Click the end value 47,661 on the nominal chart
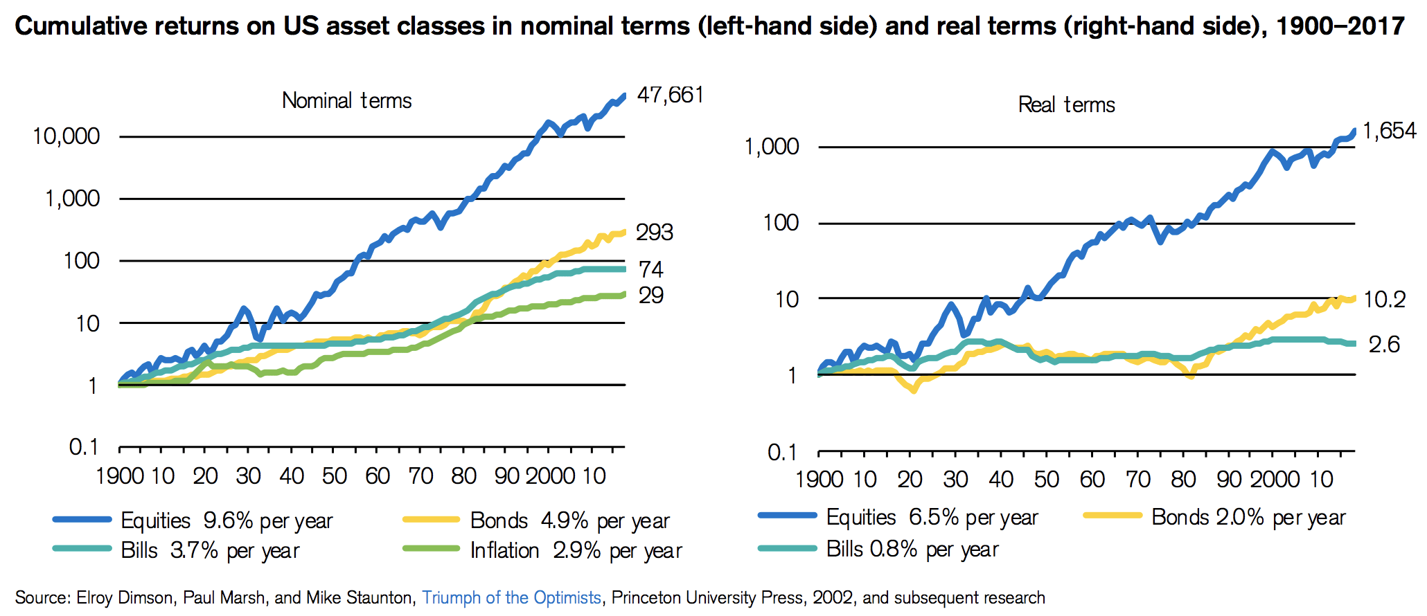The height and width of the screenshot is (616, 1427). tap(670, 95)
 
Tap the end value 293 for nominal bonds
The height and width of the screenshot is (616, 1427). tap(655, 233)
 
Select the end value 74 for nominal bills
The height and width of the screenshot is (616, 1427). tap(650, 269)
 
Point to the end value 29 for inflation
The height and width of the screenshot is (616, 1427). tap(650, 296)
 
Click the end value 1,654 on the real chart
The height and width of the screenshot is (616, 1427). tap(1389, 131)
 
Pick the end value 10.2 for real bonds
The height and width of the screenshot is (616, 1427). tap(1384, 300)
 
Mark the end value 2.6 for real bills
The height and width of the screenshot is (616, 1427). tap(1383, 345)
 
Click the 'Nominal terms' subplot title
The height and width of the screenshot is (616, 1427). tap(346, 101)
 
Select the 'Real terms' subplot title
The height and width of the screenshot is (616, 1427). tap(1066, 105)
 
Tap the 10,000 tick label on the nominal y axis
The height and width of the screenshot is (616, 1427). tap(67, 136)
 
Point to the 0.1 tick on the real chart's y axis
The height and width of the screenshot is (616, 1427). tap(783, 453)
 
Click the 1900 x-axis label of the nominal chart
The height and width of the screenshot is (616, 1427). tap(119, 476)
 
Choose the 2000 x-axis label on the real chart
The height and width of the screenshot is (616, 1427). tap(1274, 479)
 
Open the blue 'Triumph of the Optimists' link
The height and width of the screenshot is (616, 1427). tap(511, 598)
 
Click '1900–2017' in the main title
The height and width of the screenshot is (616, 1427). tap(1340, 26)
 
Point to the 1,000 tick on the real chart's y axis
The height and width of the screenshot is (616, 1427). tap(771, 147)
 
